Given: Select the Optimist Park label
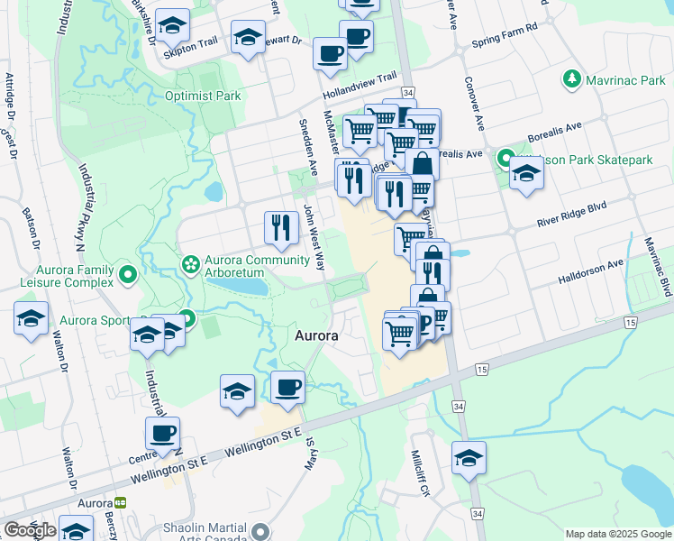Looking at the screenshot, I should click(x=203, y=96).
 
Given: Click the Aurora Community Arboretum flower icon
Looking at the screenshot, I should click(x=190, y=264).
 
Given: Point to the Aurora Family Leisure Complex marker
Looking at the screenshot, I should click(x=127, y=273).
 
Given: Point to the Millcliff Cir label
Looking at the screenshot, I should click(x=417, y=473).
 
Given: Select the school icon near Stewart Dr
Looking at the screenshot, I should click(x=248, y=38).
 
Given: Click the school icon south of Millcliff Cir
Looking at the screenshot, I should click(x=469, y=458).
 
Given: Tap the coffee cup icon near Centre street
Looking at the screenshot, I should click(x=162, y=434).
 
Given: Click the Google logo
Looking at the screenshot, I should click(x=30, y=530).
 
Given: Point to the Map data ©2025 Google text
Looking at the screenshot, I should click(x=617, y=534).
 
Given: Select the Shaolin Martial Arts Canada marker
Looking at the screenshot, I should click(x=261, y=530).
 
